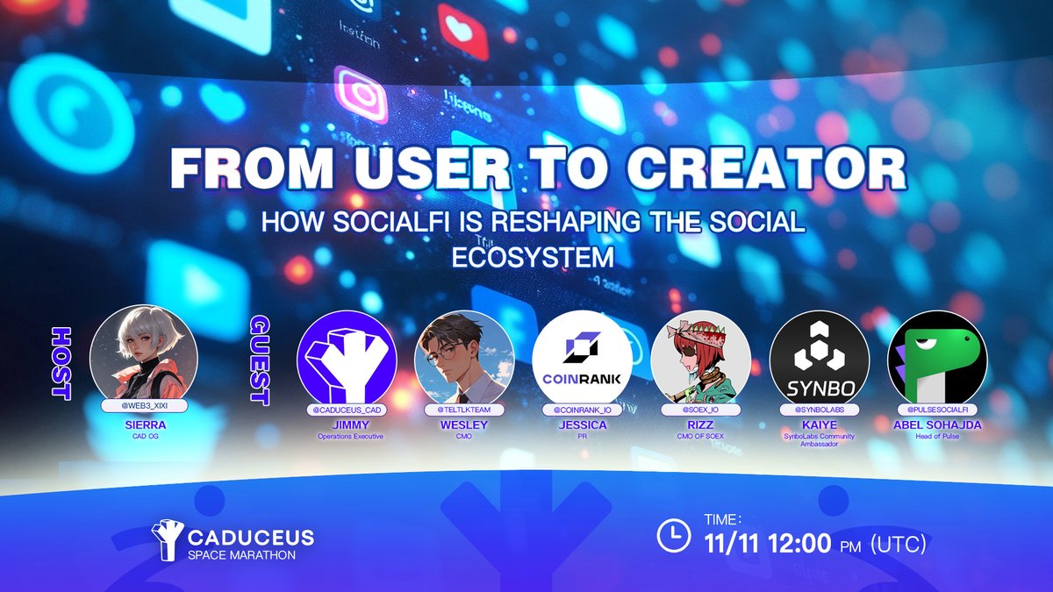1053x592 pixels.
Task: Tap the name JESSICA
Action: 583,425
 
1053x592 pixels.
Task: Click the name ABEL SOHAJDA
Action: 938,425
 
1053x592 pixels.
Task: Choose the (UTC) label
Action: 898,546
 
